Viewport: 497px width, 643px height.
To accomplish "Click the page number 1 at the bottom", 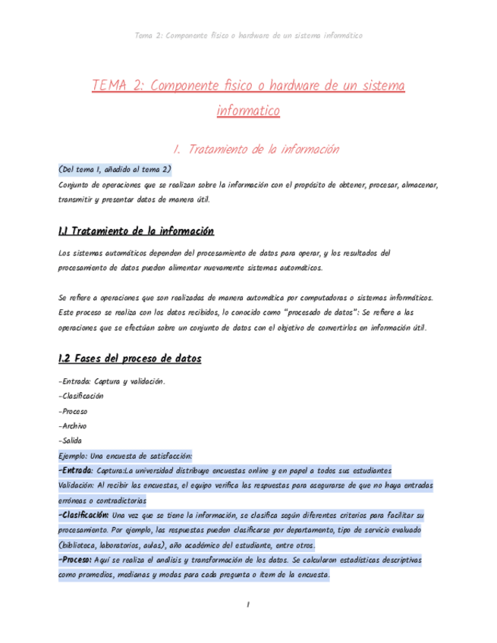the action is [247, 604].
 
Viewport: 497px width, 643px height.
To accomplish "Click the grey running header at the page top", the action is [247, 35].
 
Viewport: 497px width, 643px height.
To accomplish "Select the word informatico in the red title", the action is [248, 111].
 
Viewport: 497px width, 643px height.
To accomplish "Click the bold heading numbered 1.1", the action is [136, 231].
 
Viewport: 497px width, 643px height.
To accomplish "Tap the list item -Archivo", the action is [72, 425].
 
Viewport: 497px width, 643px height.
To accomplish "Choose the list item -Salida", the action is [71, 441].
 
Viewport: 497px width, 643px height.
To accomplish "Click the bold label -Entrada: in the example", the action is [75, 470].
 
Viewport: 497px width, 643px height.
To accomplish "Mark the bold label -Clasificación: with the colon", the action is [83, 516].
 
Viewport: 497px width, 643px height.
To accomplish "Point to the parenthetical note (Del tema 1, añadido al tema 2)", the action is [115, 168].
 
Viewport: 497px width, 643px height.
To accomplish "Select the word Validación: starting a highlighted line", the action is [76, 485].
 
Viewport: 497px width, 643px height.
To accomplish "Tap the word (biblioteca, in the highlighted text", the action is [80, 545].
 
